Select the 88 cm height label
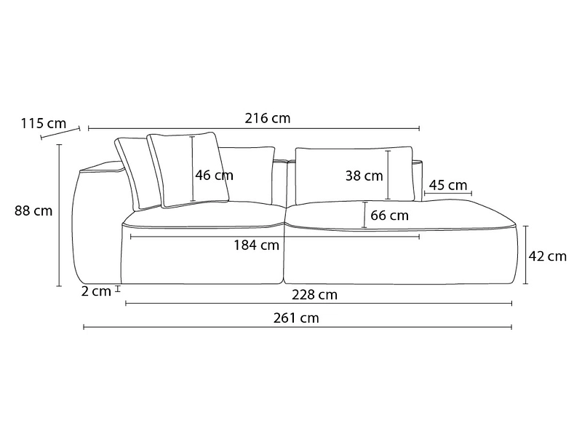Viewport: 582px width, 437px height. [x=33, y=211]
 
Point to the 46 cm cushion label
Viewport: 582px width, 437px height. [x=215, y=175]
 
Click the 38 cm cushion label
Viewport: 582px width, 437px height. [x=364, y=176]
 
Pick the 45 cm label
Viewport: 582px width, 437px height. [x=448, y=185]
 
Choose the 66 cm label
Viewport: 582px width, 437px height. [x=389, y=216]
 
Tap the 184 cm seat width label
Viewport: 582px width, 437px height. [x=256, y=245]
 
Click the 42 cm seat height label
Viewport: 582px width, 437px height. [x=547, y=256]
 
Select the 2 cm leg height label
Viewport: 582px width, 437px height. [x=96, y=291]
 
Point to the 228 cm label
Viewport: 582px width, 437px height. [x=314, y=295]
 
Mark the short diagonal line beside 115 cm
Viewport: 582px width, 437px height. [x=60, y=133]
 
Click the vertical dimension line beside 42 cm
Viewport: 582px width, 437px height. [x=526, y=255]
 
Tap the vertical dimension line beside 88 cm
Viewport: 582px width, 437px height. [x=60, y=215]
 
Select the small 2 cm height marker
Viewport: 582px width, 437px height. [x=118, y=290]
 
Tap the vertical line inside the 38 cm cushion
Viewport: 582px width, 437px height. [x=388, y=175]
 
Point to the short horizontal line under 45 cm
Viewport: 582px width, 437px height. [x=447, y=194]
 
